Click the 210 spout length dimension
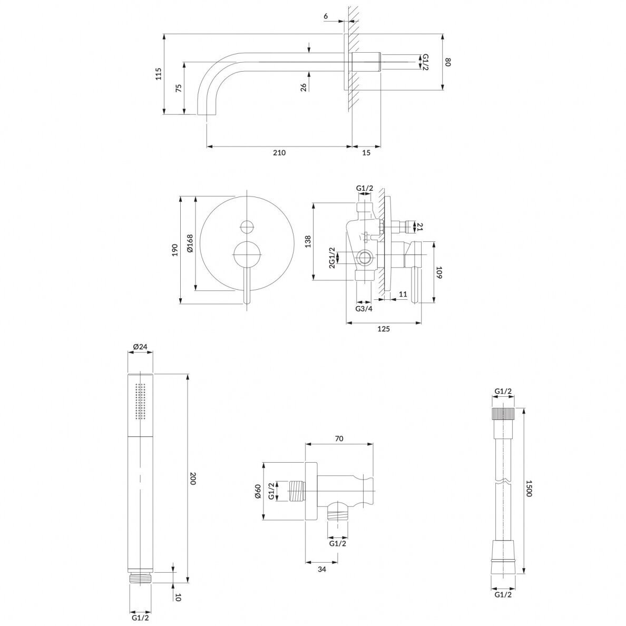(x=279, y=152)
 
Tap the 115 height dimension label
(x=159, y=74)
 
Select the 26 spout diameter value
(x=304, y=87)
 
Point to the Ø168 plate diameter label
(x=190, y=243)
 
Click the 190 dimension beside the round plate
(x=174, y=250)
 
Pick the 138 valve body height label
(x=308, y=241)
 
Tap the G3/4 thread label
(x=364, y=309)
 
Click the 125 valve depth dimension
(x=383, y=329)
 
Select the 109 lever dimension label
(x=439, y=272)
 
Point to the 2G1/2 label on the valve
(x=332, y=258)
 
